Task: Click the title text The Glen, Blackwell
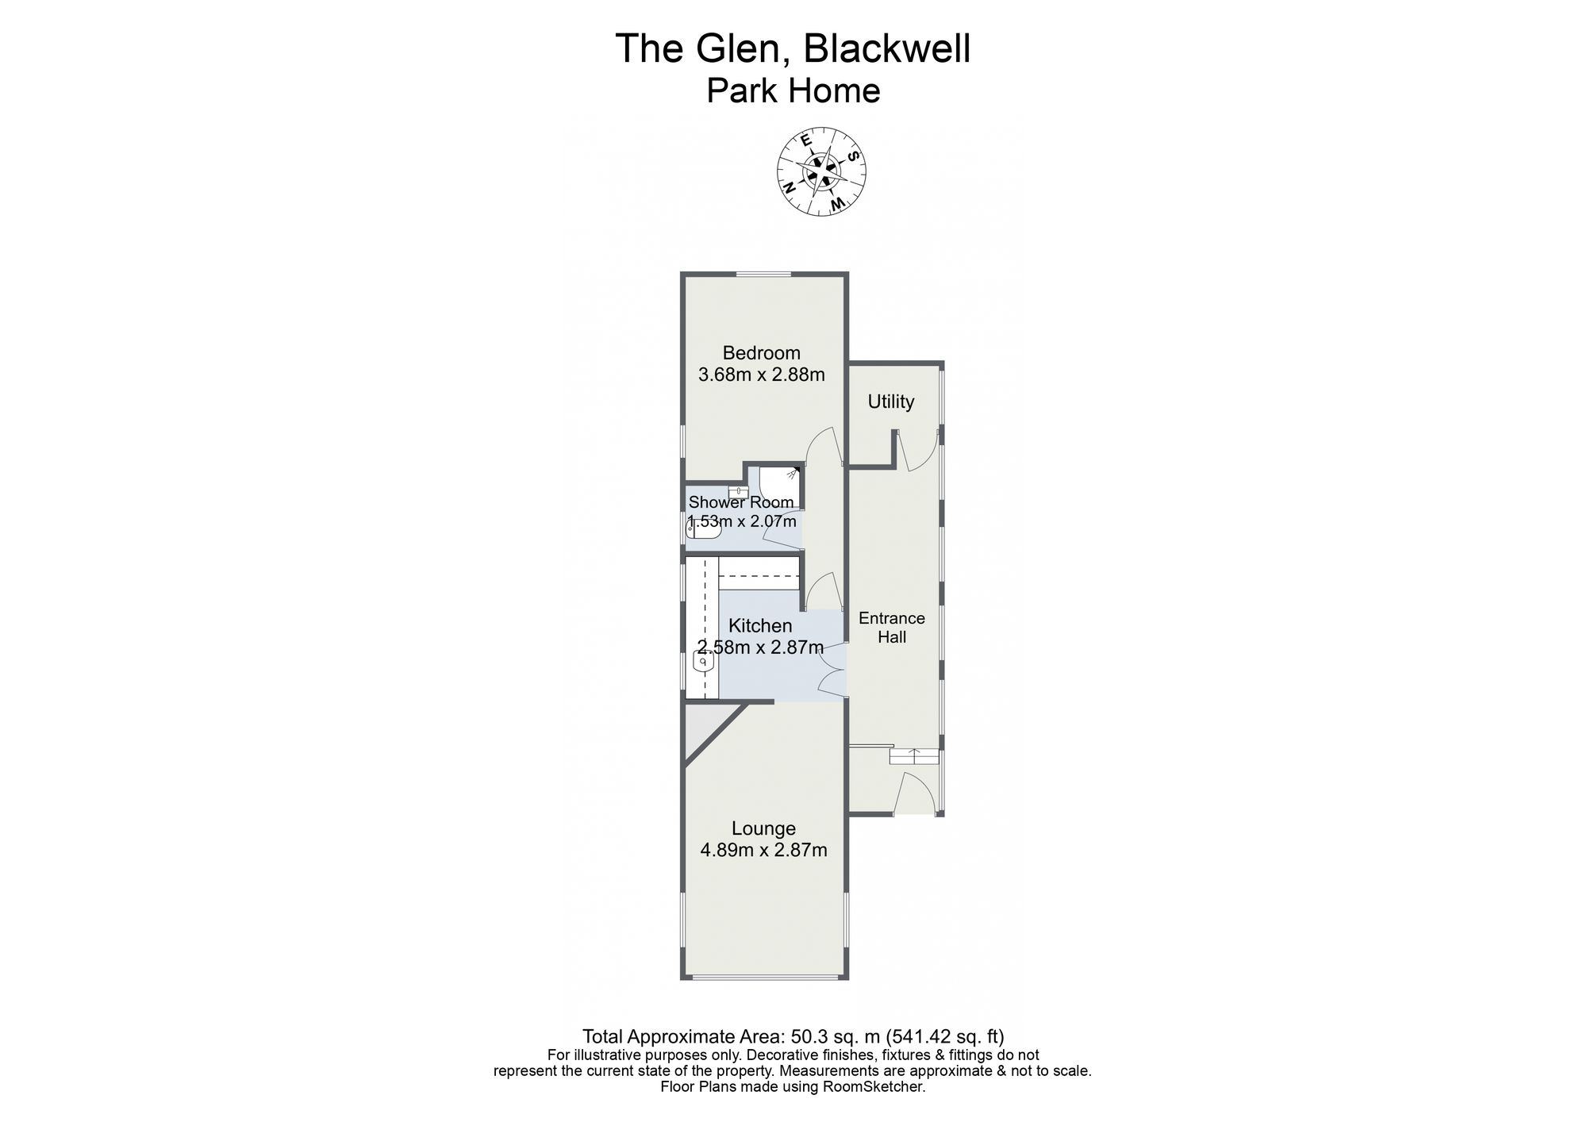coord(793,48)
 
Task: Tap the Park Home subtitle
coord(793,91)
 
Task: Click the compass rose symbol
coord(821,171)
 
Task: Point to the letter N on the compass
coord(790,188)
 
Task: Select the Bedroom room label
coord(761,353)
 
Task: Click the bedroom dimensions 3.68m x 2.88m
coord(761,375)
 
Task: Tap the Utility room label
coord(890,402)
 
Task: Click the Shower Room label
coord(741,502)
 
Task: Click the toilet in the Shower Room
coord(703,528)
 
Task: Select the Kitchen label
coord(760,626)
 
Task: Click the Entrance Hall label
coord(892,628)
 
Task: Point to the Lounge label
coord(763,829)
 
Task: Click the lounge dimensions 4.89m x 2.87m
coord(763,851)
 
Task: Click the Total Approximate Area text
coord(793,1036)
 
